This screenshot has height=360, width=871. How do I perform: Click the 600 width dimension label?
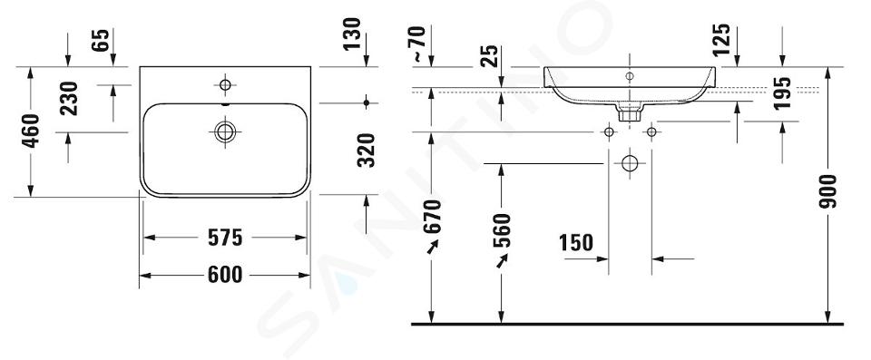click(225, 275)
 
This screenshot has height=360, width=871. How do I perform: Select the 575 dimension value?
click(225, 238)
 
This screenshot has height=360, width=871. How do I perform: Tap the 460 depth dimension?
click(31, 131)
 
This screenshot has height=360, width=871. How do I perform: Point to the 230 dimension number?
click(69, 98)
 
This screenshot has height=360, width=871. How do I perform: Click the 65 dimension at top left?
click(101, 40)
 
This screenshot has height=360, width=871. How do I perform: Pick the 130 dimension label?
click(352, 34)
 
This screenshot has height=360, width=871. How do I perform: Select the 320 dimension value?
click(366, 150)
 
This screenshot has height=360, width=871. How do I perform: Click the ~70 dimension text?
click(419, 44)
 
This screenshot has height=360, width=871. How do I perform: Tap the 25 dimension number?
click(489, 56)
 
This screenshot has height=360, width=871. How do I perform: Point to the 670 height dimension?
click(432, 216)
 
